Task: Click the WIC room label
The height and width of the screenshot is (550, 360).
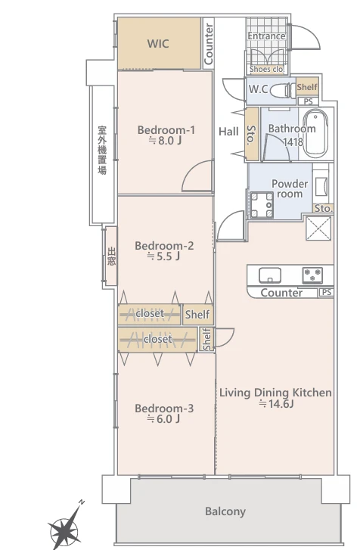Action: [x=158, y=44]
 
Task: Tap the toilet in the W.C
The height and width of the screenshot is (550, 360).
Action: [x=283, y=91]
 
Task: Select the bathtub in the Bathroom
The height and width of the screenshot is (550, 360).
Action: [x=315, y=133]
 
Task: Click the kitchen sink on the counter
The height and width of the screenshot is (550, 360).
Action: [x=270, y=275]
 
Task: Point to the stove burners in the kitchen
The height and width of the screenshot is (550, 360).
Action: [x=312, y=275]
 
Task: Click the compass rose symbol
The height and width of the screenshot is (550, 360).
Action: [x=65, y=526]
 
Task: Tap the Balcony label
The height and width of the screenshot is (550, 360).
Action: [x=225, y=511]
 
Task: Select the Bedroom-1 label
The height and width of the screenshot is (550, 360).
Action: [x=166, y=130]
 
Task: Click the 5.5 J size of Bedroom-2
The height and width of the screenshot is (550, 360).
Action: [x=163, y=256]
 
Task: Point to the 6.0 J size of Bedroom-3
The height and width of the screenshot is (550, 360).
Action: [x=163, y=419]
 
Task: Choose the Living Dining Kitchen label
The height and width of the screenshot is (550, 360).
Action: [x=275, y=393]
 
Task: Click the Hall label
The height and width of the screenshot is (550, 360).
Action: [x=228, y=132]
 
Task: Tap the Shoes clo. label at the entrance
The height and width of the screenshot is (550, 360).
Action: [x=266, y=69]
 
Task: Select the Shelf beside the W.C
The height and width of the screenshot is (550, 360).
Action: [x=307, y=87]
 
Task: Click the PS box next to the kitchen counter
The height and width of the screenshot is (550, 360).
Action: [x=326, y=292]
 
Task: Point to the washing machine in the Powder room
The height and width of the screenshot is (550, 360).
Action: [x=262, y=205]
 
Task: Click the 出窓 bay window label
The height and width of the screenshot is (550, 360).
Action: [x=111, y=256]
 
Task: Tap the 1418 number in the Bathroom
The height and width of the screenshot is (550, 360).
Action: [x=293, y=141]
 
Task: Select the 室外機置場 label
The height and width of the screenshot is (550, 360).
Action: [x=102, y=150]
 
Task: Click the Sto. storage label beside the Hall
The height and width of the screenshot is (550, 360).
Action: [x=251, y=135]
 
